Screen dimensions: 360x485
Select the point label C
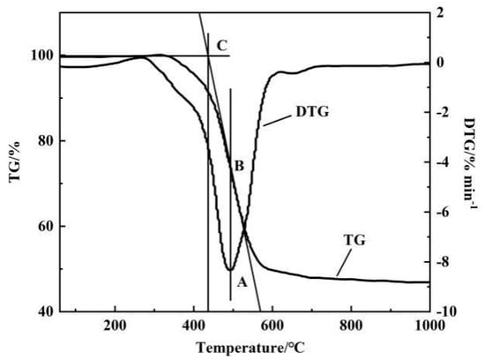[x=221, y=44]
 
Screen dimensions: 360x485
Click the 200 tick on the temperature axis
[x=115, y=324]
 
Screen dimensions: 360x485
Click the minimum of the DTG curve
[x=230, y=269]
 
